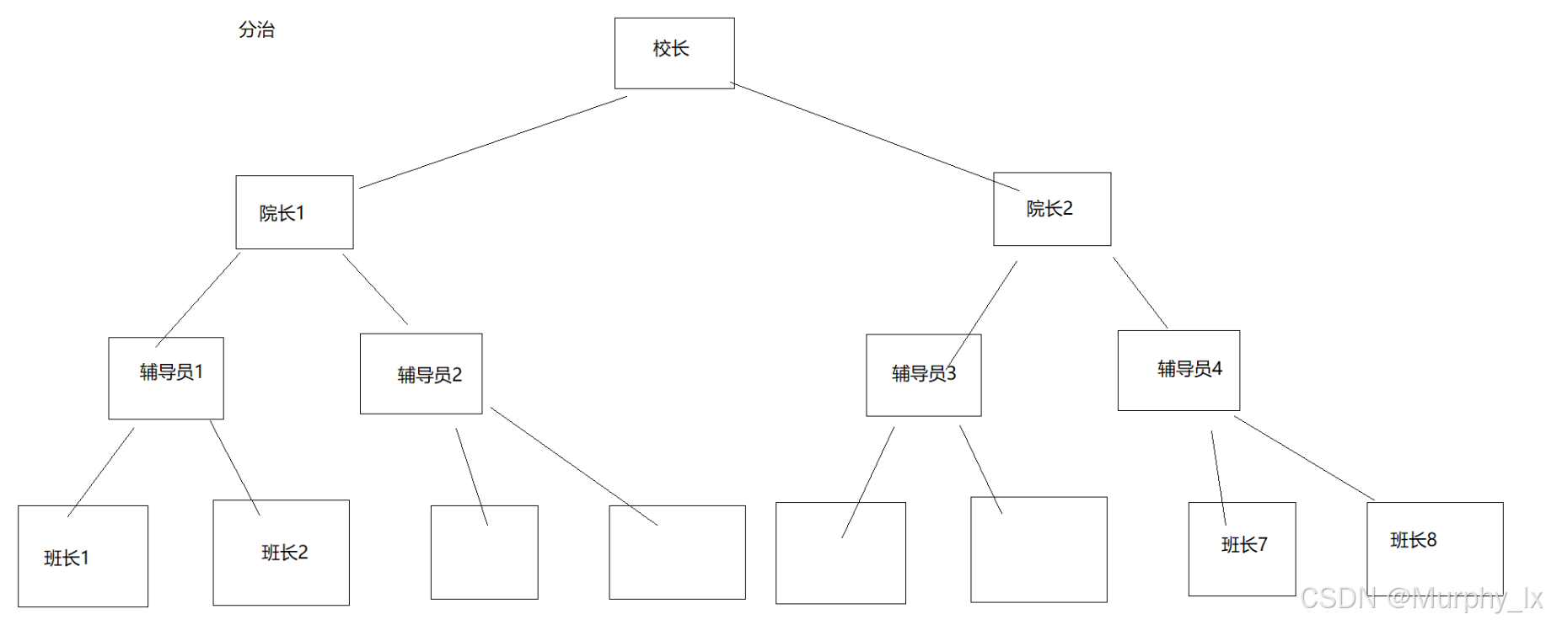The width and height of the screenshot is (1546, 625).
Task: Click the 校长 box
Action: tap(674, 52)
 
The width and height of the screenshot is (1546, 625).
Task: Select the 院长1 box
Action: tap(294, 212)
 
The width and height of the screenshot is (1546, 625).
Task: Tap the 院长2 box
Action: tap(1051, 209)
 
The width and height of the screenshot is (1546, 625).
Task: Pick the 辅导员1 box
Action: tap(166, 377)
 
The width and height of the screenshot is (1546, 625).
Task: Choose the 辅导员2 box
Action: tap(421, 373)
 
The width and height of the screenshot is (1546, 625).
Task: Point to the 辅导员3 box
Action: tap(923, 375)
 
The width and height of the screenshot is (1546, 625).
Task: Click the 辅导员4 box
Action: tap(1178, 370)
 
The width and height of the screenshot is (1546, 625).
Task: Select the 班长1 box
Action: tap(83, 556)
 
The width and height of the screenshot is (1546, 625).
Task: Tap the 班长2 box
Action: tap(281, 553)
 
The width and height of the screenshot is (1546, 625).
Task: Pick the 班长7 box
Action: tap(1242, 548)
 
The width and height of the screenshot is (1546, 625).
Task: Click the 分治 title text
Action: tap(256, 29)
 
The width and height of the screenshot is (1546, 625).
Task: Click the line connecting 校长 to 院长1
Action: tap(493, 142)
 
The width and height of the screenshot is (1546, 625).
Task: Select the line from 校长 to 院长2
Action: tap(874, 136)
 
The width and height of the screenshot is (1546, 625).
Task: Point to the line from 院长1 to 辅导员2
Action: tap(375, 289)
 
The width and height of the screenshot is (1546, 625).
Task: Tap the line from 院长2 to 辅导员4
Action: tap(1140, 292)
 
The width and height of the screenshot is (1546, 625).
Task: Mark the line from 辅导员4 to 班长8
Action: tap(1304, 457)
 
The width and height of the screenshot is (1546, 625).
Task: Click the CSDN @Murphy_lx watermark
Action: tap(1420, 598)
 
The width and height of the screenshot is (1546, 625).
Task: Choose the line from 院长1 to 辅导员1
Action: tap(198, 300)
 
